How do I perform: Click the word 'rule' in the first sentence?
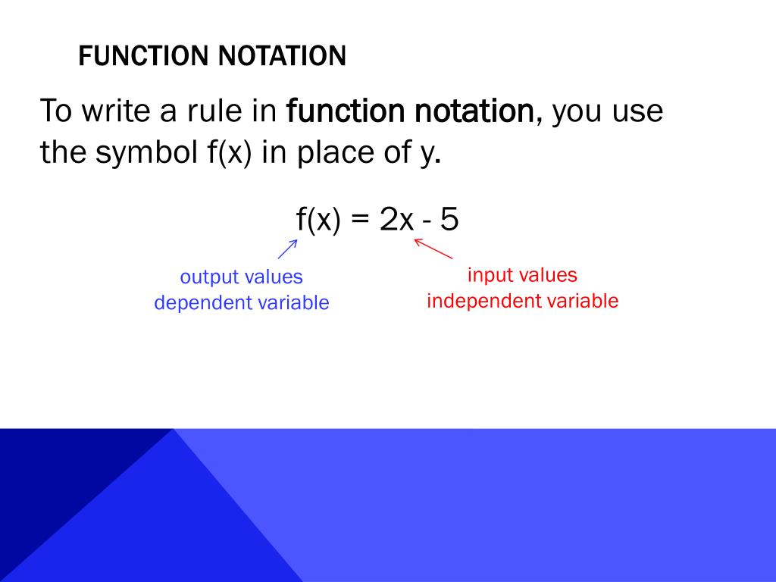(x=214, y=111)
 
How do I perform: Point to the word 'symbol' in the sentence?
(x=146, y=154)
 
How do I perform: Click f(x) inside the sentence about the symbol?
(x=230, y=154)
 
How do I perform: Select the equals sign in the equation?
(x=360, y=221)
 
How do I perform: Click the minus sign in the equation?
(x=428, y=222)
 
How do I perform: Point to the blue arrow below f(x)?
(x=287, y=249)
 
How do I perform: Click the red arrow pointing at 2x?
(x=433, y=249)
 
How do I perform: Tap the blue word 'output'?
(x=209, y=277)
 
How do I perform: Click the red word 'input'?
(x=490, y=275)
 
